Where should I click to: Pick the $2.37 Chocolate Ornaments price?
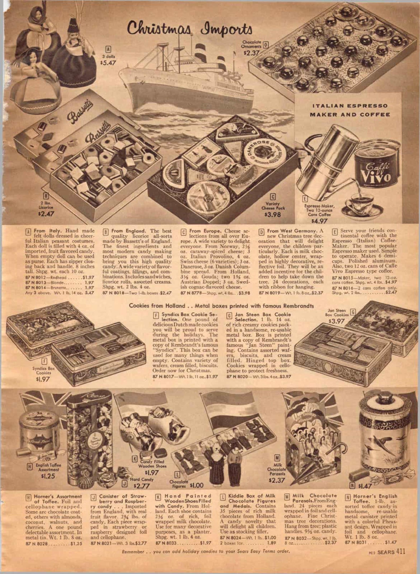coord(251,52)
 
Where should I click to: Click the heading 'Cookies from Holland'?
coord(157,306)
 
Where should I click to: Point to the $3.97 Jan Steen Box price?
coord(336,321)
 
